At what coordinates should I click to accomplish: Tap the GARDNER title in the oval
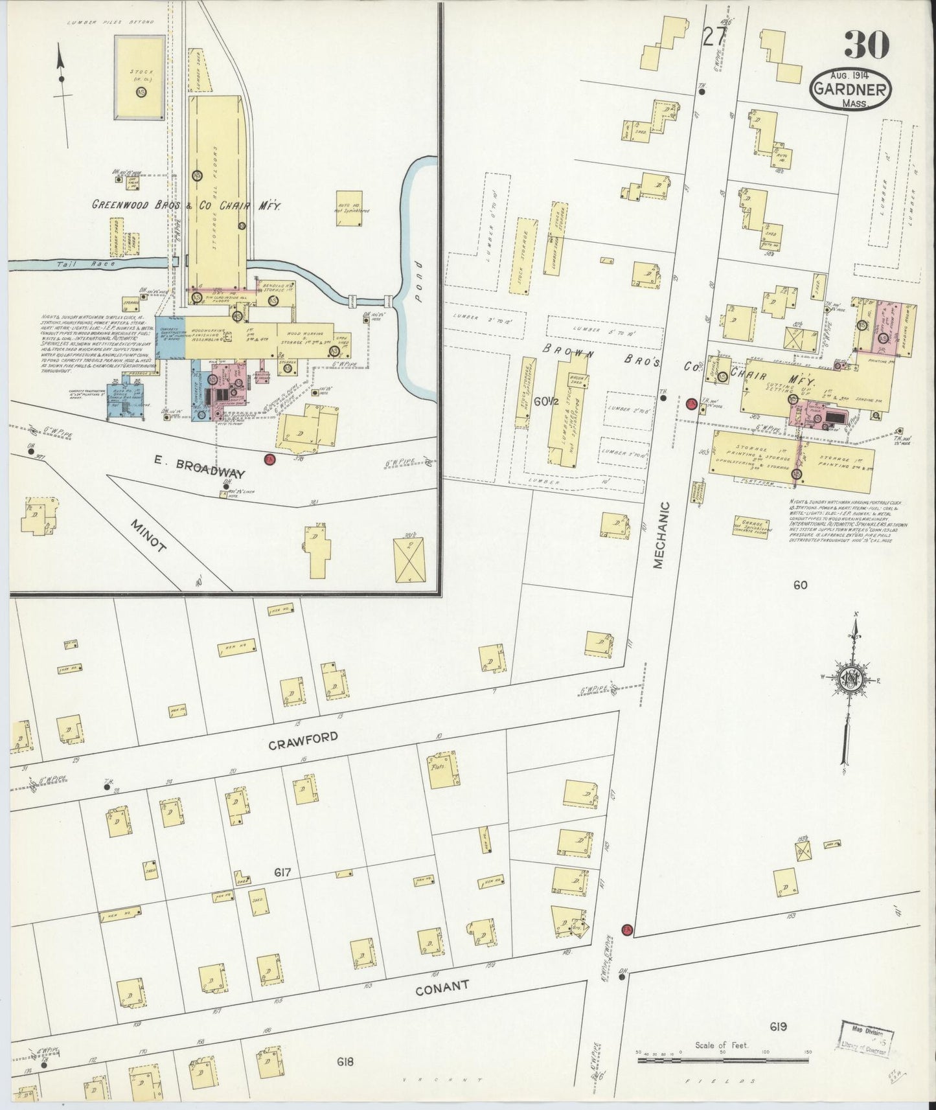point(850,89)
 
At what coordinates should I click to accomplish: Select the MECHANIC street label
point(659,535)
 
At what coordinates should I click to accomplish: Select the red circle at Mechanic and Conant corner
point(626,931)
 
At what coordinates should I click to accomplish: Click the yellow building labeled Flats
point(444,770)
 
